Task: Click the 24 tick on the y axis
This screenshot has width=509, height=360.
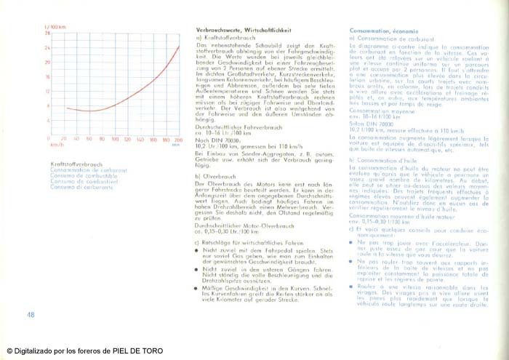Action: click(47, 48)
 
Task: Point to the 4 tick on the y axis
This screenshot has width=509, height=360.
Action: click(48, 121)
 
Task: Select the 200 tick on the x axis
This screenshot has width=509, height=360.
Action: click(178, 138)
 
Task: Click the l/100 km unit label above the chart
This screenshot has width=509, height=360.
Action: click(53, 25)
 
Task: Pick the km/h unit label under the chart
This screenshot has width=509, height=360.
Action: click(53, 145)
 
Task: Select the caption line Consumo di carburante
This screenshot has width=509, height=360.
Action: click(76, 187)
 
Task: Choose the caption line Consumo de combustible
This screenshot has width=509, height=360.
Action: click(76, 175)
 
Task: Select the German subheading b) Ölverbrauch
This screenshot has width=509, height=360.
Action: click(217, 176)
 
